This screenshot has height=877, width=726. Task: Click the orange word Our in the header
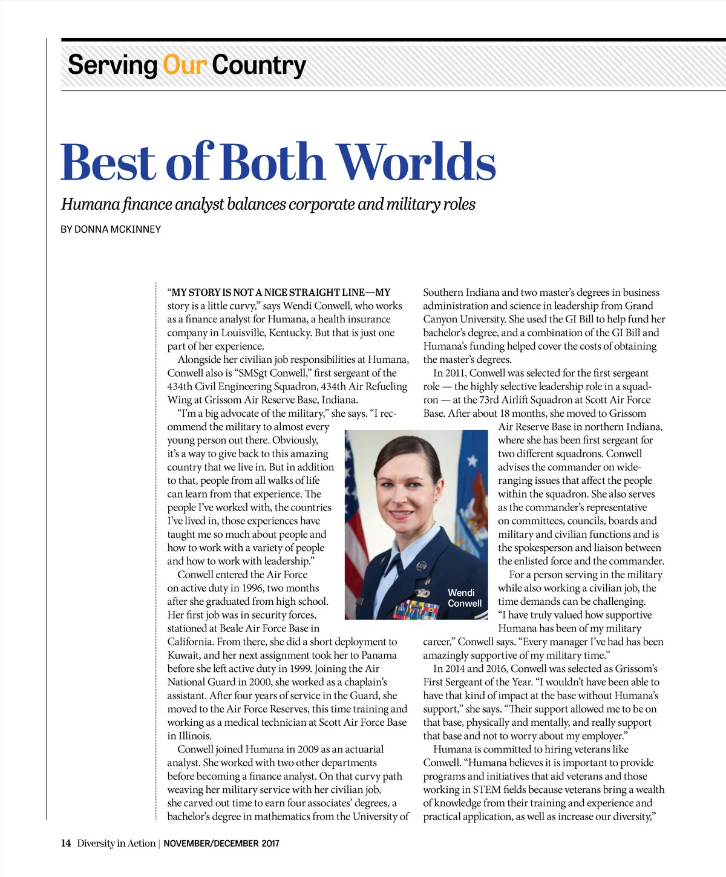click(x=185, y=65)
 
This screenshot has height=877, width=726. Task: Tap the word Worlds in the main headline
click(x=416, y=162)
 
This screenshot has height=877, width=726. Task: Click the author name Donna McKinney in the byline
click(x=118, y=229)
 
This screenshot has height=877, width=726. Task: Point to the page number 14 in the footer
click(x=65, y=843)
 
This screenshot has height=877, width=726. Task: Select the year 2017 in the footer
click(x=270, y=843)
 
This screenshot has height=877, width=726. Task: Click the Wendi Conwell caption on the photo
click(x=464, y=598)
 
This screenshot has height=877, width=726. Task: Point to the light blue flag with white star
click(x=475, y=484)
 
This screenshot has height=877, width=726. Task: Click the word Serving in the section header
click(x=112, y=65)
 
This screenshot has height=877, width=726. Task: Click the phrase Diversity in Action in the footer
click(x=116, y=843)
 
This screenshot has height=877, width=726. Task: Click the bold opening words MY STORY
click(x=202, y=292)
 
